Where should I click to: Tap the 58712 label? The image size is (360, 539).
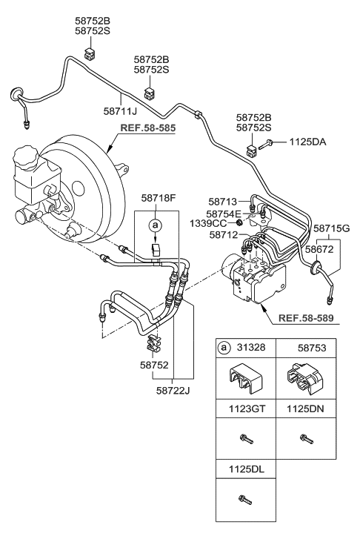(222, 234)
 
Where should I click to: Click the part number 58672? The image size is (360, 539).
(325, 251)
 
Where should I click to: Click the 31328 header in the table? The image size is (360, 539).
(248, 347)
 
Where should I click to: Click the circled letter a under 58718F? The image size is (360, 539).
(154, 224)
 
